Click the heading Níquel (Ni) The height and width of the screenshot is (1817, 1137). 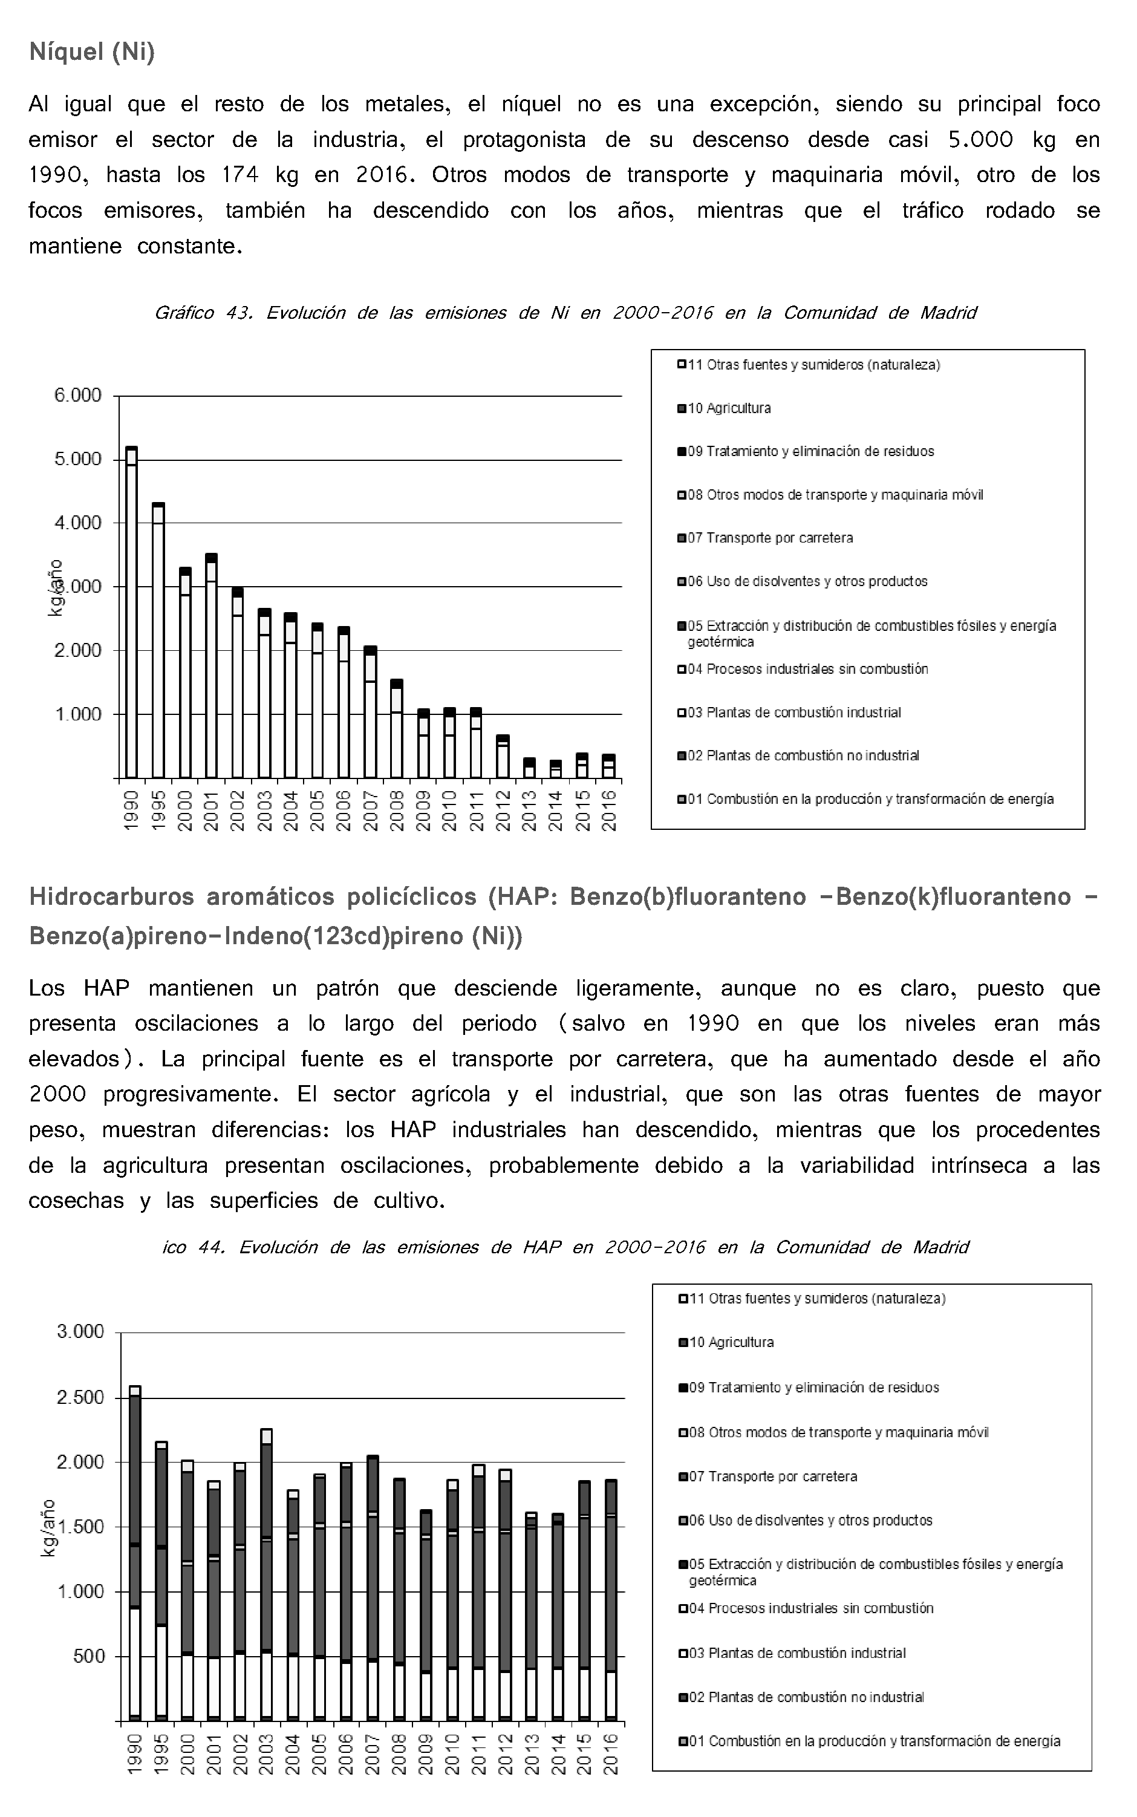tap(92, 53)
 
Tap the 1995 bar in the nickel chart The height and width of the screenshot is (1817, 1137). tap(158, 640)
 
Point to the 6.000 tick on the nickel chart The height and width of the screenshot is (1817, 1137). tap(77, 396)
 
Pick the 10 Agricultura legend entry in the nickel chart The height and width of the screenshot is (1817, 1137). tap(728, 408)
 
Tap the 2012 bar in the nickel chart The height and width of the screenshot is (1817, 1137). tap(503, 756)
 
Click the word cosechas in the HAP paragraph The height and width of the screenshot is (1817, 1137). tap(76, 1201)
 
